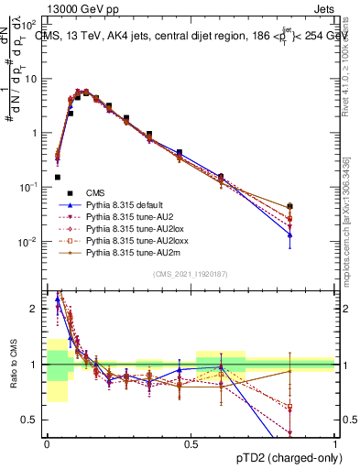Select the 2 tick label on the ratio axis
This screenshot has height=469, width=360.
(35, 309)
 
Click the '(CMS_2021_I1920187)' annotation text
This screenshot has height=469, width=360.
(190, 274)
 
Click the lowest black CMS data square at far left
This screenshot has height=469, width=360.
(57, 177)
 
